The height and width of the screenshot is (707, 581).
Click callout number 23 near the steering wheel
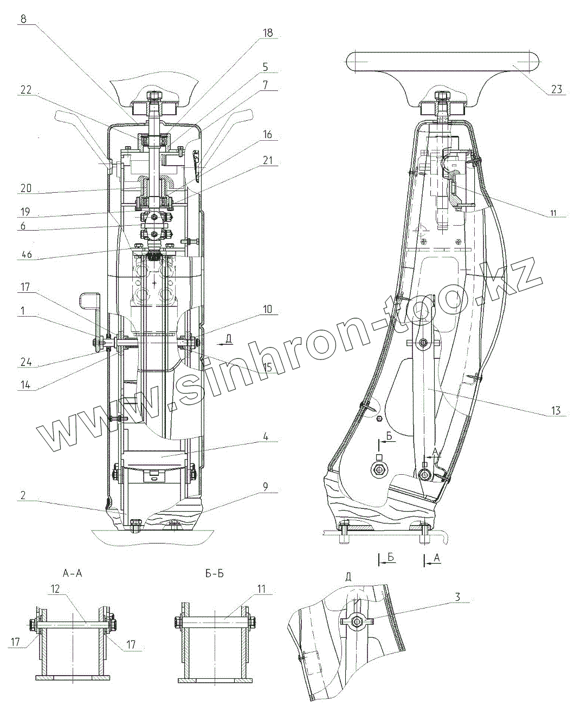[557, 89]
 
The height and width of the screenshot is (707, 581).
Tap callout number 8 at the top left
[23, 18]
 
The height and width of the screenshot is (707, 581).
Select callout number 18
[268, 33]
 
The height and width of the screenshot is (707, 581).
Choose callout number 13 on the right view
[556, 411]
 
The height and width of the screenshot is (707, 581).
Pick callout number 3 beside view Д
[457, 597]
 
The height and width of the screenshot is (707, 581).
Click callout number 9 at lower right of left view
[266, 487]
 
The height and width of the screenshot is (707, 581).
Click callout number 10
[267, 309]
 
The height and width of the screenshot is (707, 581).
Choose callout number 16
[267, 135]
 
